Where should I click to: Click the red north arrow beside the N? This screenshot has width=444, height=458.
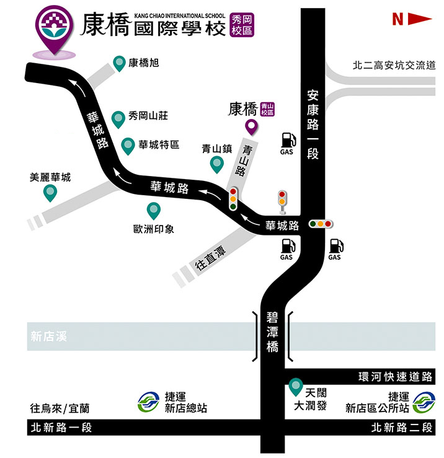pyautogui.click(x=419, y=19)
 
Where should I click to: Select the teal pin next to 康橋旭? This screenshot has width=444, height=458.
pyautogui.click(x=120, y=63)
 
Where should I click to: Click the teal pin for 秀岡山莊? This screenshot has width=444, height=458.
pyautogui.click(x=118, y=118)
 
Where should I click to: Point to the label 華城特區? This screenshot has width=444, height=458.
pyautogui.click(x=159, y=144)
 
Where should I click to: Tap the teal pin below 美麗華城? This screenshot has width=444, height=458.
pyautogui.click(x=50, y=193)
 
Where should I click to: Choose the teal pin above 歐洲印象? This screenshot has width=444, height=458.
pyautogui.click(x=153, y=211)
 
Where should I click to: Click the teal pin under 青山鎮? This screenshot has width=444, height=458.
pyautogui.click(x=217, y=164)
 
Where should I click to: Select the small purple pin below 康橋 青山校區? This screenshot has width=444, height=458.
pyautogui.click(x=251, y=128)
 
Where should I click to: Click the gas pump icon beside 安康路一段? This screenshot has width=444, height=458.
pyautogui.click(x=286, y=141)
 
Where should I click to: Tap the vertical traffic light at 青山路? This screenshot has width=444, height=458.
pyautogui.click(x=233, y=198)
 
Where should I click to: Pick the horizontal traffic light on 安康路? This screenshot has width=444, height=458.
pyautogui.click(x=321, y=223)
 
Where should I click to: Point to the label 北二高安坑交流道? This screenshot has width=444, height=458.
pyautogui.click(x=394, y=65)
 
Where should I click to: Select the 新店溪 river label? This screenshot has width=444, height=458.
pyautogui.click(x=48, y=337)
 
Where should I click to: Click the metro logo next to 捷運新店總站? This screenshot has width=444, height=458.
pyautogui.click(x=148, y=402)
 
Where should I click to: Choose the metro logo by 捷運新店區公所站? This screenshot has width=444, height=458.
pyautogui.click(x=425, y=402)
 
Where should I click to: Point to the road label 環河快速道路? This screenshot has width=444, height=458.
pyautogui.click(x=395, y=376)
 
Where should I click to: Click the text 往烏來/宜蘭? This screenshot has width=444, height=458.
pyautogui.click(x=60, y=408)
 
